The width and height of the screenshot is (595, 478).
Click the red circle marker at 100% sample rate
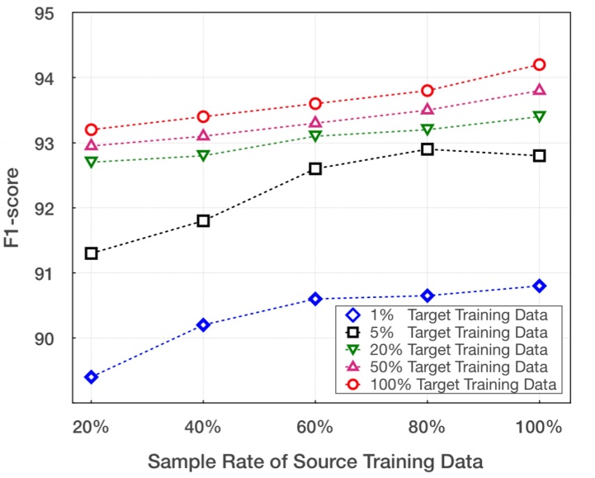(x=539, y=64)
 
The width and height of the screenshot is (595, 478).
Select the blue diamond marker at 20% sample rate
(x=91, y=377)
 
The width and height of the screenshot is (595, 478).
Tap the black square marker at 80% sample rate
(x=427, y=149)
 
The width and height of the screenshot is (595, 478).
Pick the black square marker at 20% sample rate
(x=91, y=253)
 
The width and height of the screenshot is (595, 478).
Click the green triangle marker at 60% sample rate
(x=315, y=136)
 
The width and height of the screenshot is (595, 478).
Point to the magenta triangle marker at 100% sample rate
(x=539, y=90)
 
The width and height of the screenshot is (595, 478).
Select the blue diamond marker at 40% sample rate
(x=203, y=325)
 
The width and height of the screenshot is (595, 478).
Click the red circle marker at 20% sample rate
(x=91, y=130)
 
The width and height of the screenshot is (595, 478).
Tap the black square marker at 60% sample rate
(x=315, y=168)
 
